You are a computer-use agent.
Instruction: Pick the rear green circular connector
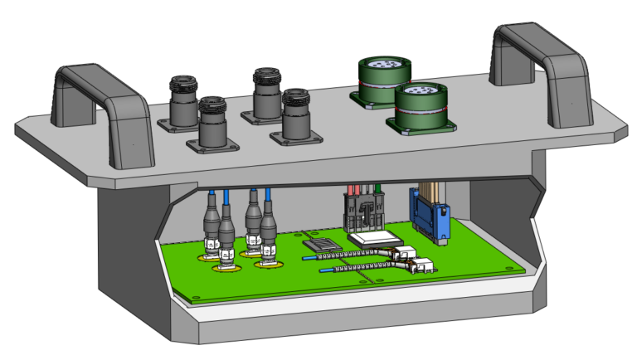(379, 79)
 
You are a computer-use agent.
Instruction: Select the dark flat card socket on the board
(322, 244)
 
